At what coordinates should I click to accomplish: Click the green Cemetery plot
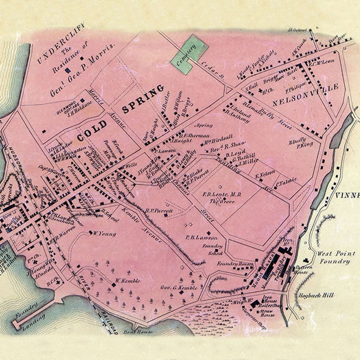click(187, 55)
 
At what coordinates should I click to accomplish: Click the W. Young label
click(101, 232)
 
